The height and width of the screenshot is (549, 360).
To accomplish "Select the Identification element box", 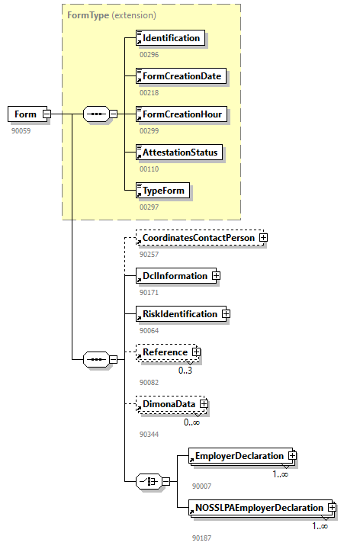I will [170, 38].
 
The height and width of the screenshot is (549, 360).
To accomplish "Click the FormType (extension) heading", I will [112, 14].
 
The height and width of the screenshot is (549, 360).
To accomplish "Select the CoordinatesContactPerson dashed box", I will [198, 239].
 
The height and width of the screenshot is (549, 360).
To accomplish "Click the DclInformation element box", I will [174, 276].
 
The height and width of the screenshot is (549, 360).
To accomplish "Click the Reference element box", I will [164, 352].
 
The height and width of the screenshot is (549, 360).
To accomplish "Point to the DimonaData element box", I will [168, 404].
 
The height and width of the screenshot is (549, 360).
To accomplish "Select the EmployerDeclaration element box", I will [238, 456].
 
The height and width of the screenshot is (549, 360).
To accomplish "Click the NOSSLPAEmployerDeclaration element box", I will [258, 508].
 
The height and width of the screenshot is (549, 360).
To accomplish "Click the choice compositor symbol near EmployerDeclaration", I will [146, 482].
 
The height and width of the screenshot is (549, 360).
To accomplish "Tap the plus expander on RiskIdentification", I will [226, 313].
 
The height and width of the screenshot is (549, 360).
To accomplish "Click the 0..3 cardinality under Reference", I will [185, 371].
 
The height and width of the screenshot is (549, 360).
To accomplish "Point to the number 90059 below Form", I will [21, 130].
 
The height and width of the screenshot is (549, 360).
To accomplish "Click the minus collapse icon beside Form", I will [47, 114].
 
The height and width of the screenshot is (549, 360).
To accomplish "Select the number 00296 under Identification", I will [149, 54].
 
